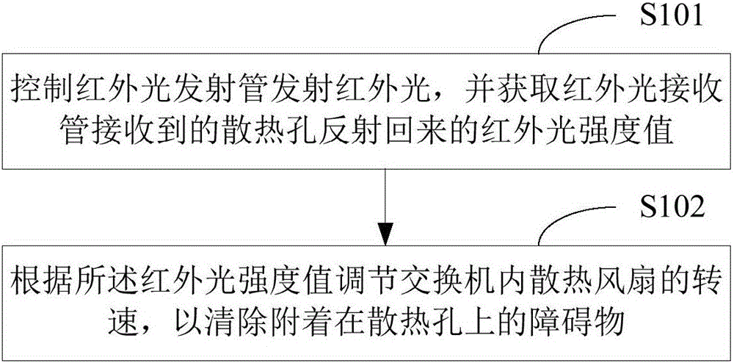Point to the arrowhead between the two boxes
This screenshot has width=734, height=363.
click(x=385, y=234)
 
